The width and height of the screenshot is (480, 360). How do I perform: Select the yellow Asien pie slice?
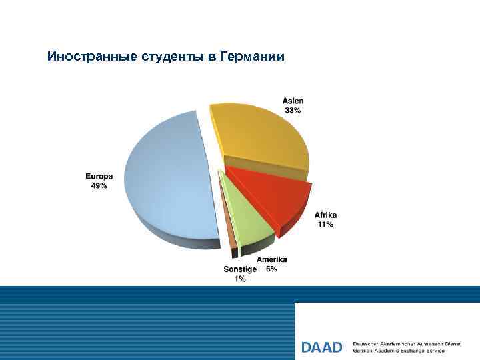pyautogui.click(x=260, y=137)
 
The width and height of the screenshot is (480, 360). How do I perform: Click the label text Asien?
pyautogui.click(x=293, y=101)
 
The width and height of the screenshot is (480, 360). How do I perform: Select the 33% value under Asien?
pyautogui.click(x=293, y=111)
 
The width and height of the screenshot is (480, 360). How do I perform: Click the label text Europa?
pyautogui.click(x=99, y=177)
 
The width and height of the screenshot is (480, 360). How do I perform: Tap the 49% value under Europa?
pyautogui.click(x=99, y=186)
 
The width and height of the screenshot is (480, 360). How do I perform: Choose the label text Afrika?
pyautogui.click(x=326, y=215)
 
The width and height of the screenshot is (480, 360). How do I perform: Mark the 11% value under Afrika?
pyautogui.click(x=326, y=225)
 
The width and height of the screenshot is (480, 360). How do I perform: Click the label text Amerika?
pyautogui.click(x=272, y=259)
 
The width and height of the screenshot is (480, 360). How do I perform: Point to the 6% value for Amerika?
pyautogui.click(x=272, y=269)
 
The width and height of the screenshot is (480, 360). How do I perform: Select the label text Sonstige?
pyautogui.click(x=240, y=269)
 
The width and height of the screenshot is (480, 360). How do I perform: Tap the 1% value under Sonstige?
pyautogui.click(x=239, y=279)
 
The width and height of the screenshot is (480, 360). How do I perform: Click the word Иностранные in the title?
pyautogui.click(x=93, y=57)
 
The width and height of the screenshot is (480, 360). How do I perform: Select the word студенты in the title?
pyautogui.click(x=173, y=57)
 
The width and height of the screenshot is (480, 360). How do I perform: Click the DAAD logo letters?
pyautogui.click(x=321, y=347)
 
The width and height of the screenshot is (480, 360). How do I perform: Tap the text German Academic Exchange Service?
pyautogui.click(x=398, y=351)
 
